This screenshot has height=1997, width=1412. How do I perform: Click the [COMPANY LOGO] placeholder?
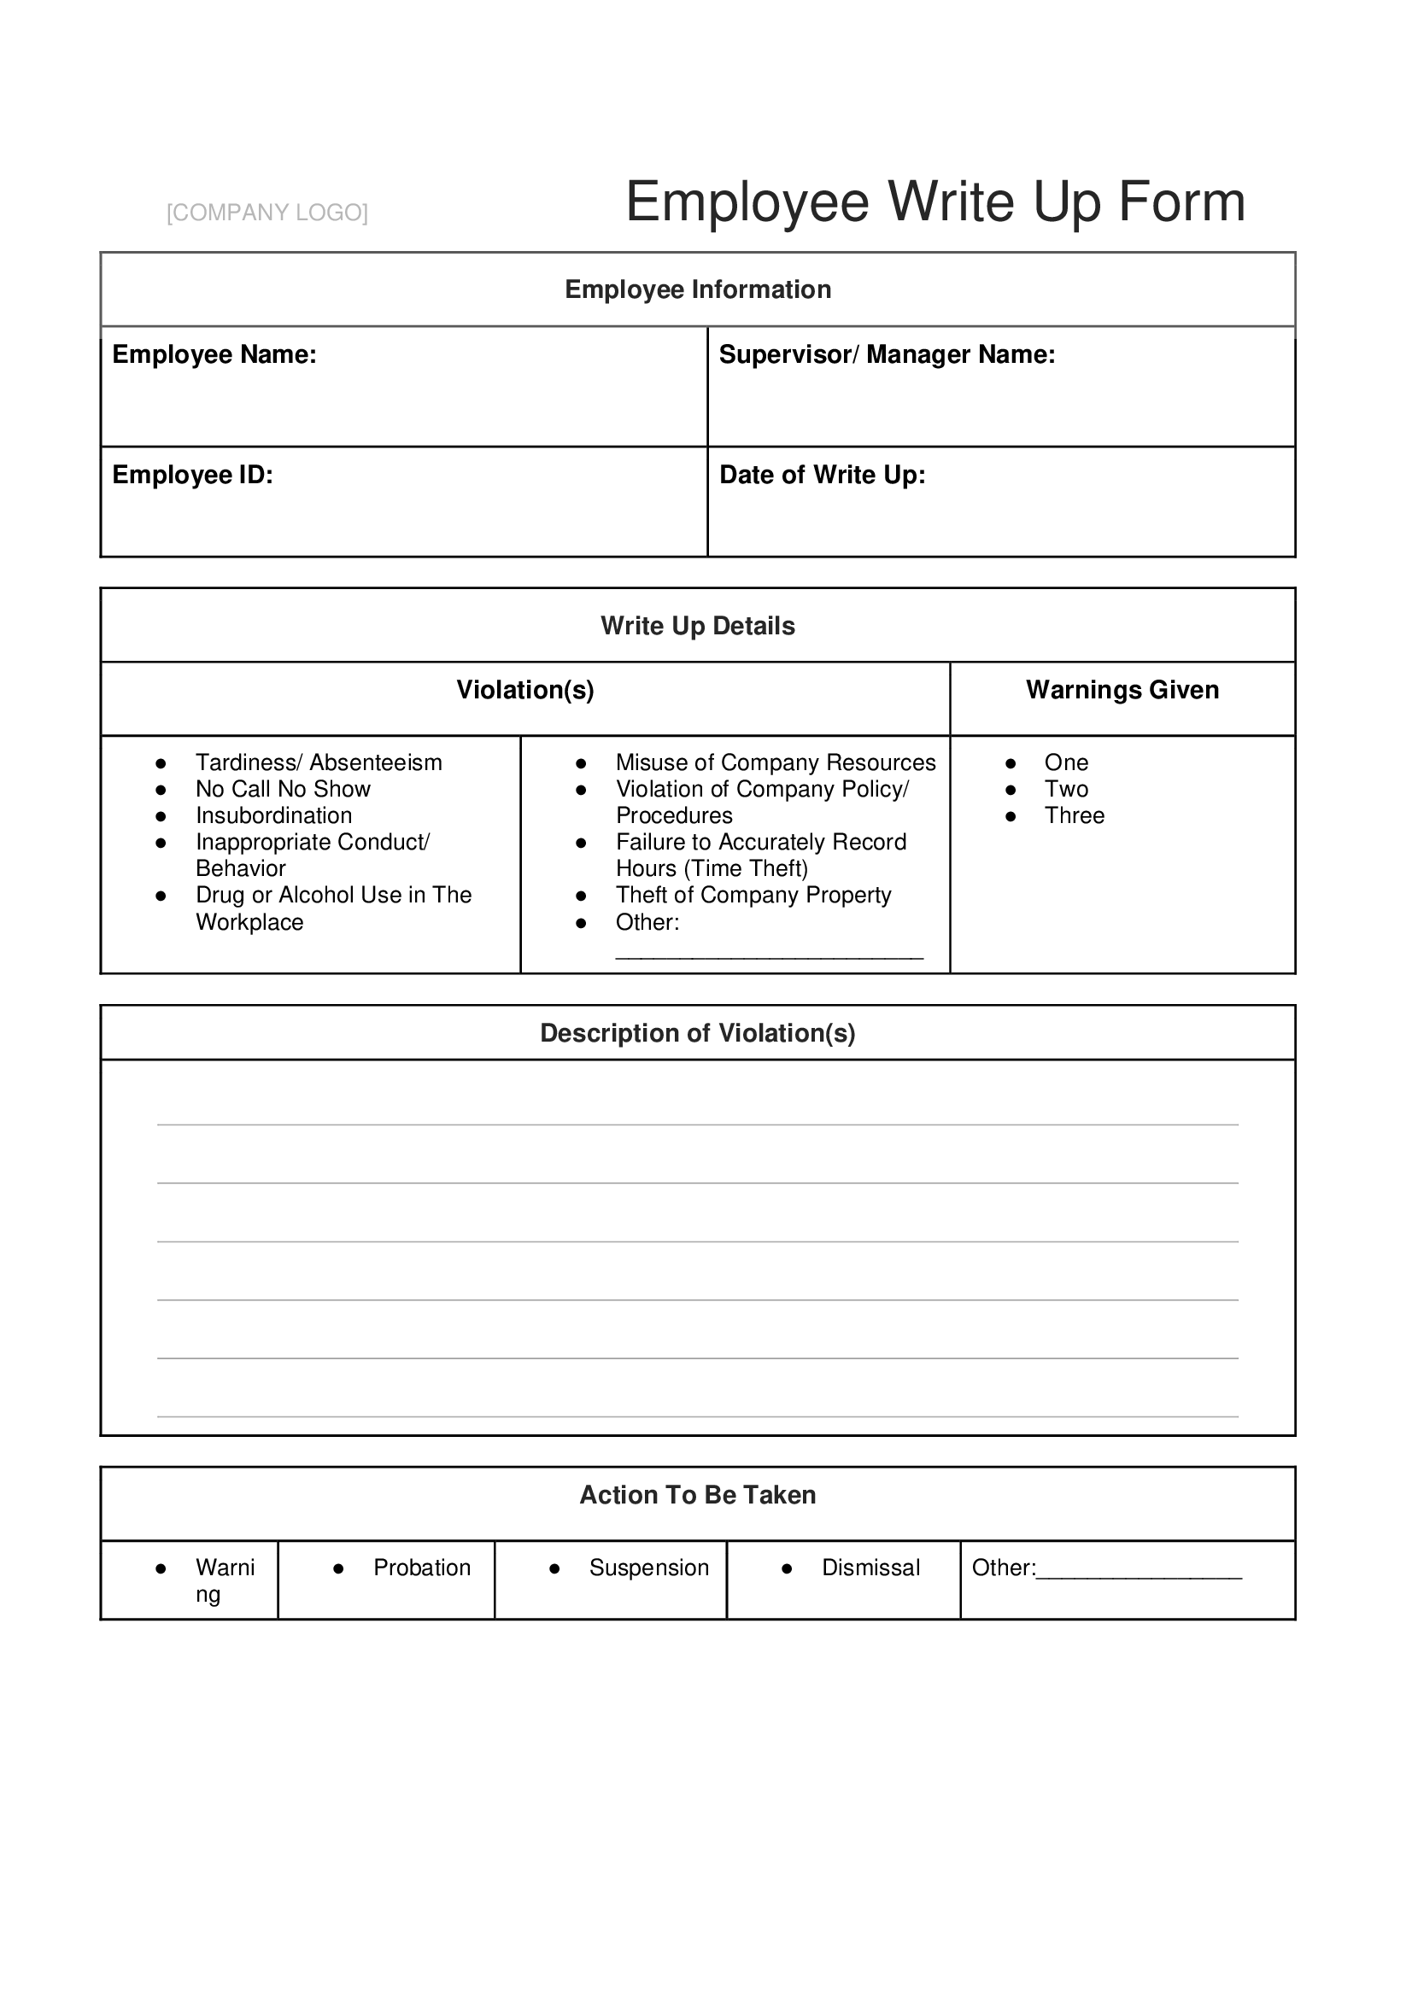pos(267,213)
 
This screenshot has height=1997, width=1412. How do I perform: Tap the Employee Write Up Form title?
pos(934,201)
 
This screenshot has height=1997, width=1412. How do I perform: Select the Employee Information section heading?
pos(698,289)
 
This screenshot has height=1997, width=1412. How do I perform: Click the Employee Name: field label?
pos(214,355)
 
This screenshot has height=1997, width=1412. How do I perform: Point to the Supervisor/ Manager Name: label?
pos(887,355)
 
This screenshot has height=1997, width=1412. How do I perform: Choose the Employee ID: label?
pos(192,475)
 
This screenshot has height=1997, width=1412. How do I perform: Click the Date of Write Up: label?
pos(822,475)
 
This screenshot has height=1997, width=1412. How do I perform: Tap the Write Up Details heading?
pos(698,626)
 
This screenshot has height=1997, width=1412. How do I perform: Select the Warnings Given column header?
pos(1122,691)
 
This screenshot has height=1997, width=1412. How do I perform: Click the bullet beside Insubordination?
pos(161,817)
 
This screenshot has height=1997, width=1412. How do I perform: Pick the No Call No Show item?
pos(283,790)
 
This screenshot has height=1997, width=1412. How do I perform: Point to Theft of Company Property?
pos(753,896)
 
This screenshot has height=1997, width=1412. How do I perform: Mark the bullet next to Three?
pos(1010,817)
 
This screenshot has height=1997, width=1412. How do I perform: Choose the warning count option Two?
pos(1066,790)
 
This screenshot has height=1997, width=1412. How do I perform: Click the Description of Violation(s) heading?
pos(698,1033)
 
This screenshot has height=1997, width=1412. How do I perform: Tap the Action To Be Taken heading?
pos(698,1495)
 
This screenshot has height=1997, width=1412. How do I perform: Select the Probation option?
pos(422,1568)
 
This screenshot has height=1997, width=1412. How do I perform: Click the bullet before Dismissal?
pos(787,1569)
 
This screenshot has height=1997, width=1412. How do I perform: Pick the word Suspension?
pos(649,1568)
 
